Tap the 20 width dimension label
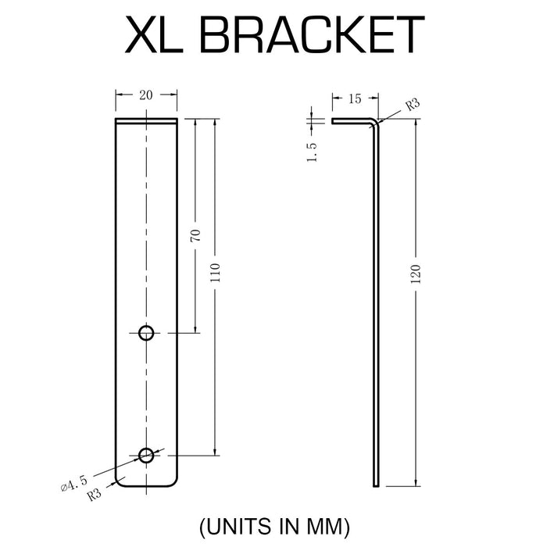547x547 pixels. click(x=146, y=95)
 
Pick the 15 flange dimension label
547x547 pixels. click(x=355, y=99)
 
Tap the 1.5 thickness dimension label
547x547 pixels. click(x=312, y=151)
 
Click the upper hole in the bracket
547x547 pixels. click(x=146, y=333)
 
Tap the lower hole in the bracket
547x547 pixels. click(x=146, y=455)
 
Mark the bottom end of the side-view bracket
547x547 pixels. click(x=377, y=484)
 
